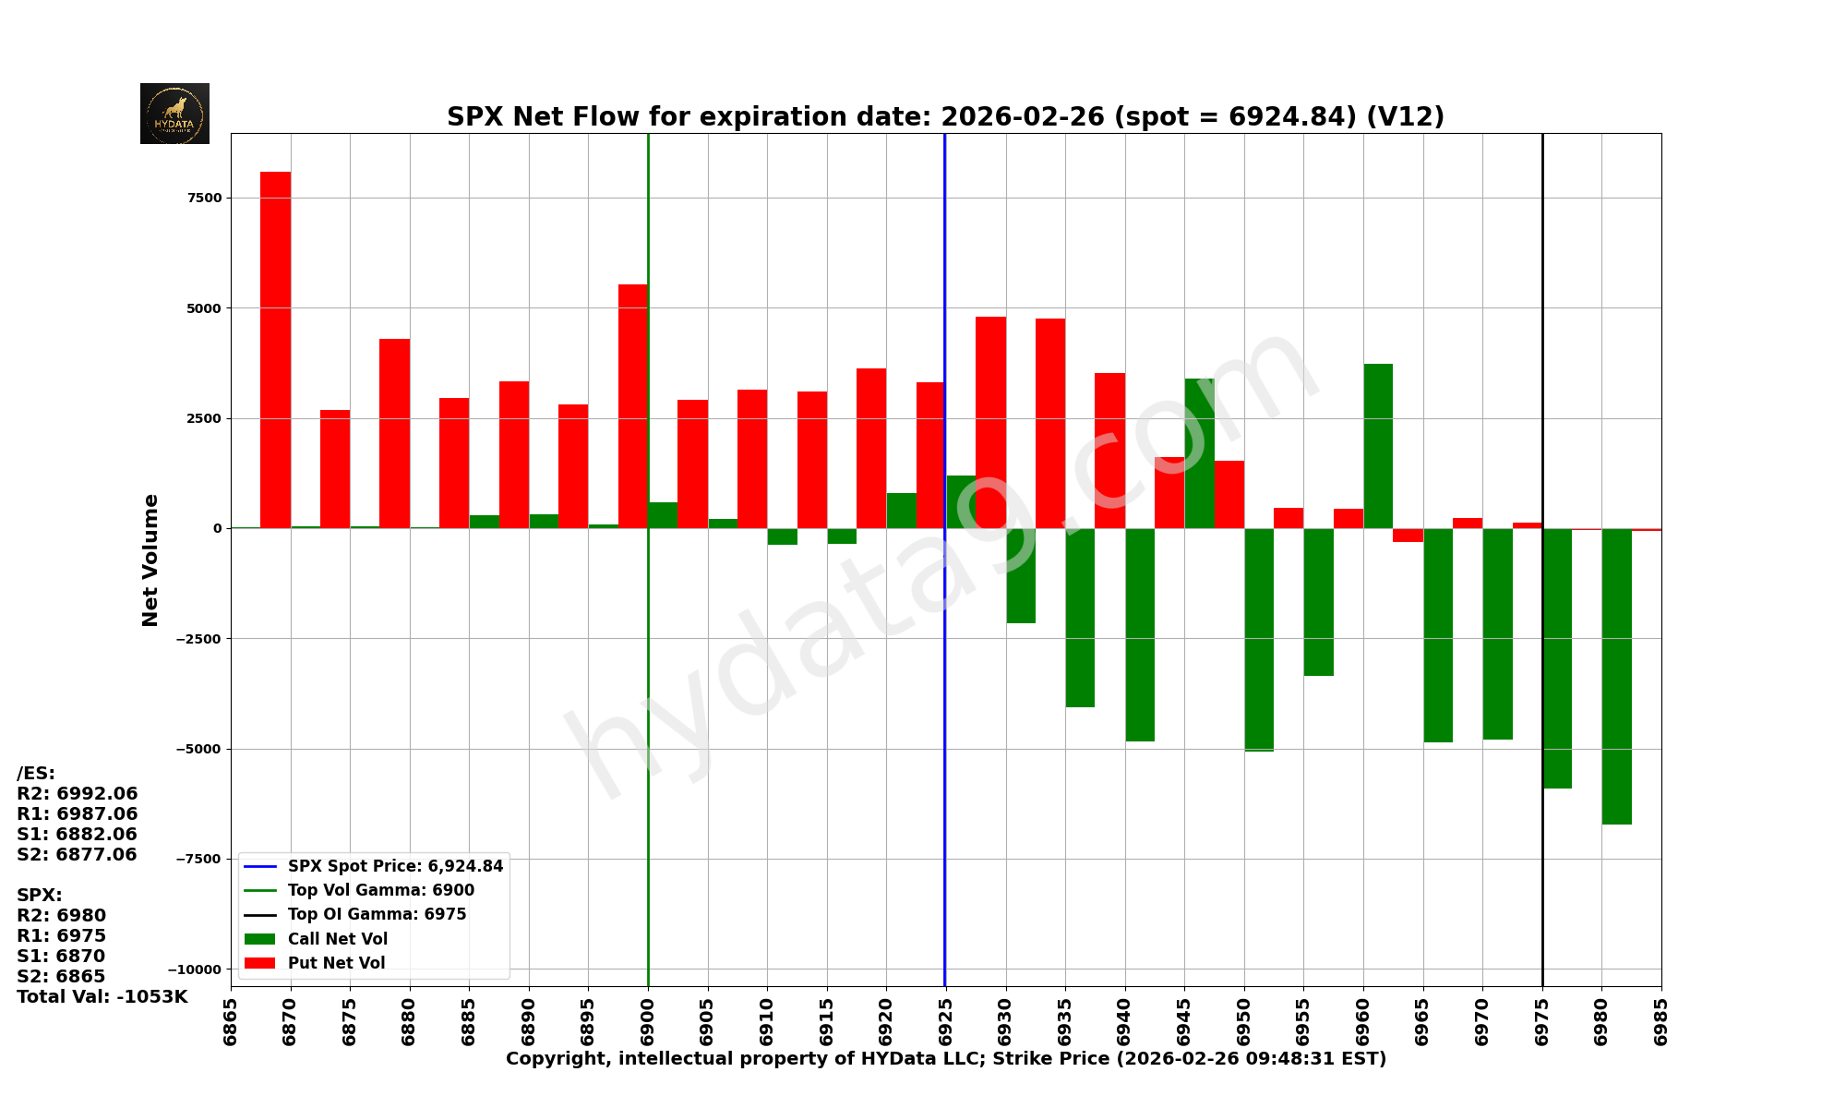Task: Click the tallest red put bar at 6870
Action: click(275, 350)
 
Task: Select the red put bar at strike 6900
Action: click(632, 406)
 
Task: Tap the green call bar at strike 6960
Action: click(1378, 446)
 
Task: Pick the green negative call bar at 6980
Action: click(1616, 676)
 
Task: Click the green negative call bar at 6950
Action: click(1259, 639)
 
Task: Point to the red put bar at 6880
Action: click(394, 434)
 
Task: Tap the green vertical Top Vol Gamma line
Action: click(648, 739)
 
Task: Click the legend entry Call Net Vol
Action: click(337, 939)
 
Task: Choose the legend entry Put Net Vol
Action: click(336, 963)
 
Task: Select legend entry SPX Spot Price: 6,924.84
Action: click(395, 866)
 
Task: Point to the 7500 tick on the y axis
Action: click(204, 198)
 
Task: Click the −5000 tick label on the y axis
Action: click(198, 749)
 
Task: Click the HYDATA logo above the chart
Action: click(174, 114)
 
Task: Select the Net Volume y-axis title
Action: click(150, 560)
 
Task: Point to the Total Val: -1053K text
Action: click(102, 996)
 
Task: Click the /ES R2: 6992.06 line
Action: click(78, 793)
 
